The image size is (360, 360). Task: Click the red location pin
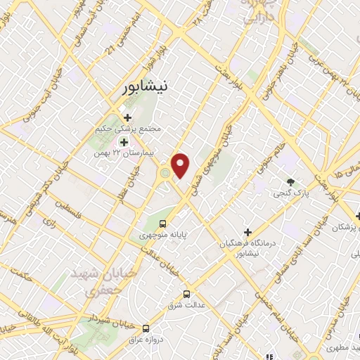[181, 165]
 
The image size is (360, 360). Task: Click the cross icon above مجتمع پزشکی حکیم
[127, 117]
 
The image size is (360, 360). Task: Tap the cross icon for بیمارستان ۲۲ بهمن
[123, 141]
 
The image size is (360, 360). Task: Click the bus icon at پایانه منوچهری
[163, 224]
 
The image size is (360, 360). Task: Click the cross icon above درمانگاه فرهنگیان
[247, 232]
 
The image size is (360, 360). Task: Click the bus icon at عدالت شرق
[186, 294]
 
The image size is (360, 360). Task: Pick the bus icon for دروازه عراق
[146, 328]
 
